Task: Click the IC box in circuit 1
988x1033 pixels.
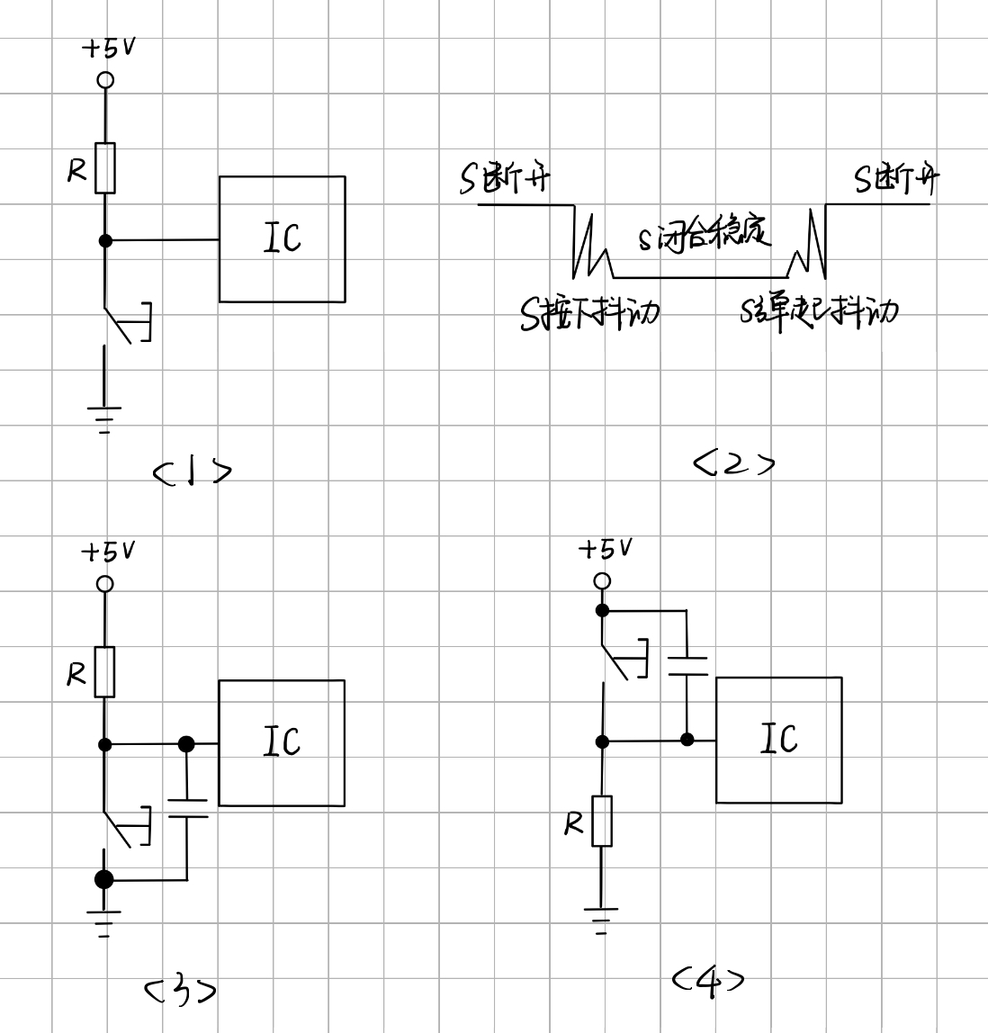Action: point(282,239)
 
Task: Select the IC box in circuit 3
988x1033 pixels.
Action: point(281,742)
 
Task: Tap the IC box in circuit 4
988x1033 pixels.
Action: point(778,740)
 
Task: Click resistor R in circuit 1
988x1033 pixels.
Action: point(105,168)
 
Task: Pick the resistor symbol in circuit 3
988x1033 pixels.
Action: point(105,671)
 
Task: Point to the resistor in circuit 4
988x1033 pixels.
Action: point(602,821)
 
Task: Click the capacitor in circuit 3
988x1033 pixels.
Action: point(187,808)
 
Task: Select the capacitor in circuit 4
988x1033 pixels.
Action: point(687,666)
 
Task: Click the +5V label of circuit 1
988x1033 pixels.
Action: point(109,47)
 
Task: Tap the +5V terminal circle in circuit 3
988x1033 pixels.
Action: point(105,584)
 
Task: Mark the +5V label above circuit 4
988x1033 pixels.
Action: point(605,548)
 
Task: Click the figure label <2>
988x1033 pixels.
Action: point(733,463)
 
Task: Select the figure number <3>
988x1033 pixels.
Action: point(181,991)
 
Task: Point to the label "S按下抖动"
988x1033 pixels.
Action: point(589,313)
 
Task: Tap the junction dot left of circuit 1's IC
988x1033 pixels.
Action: point(105,240)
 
